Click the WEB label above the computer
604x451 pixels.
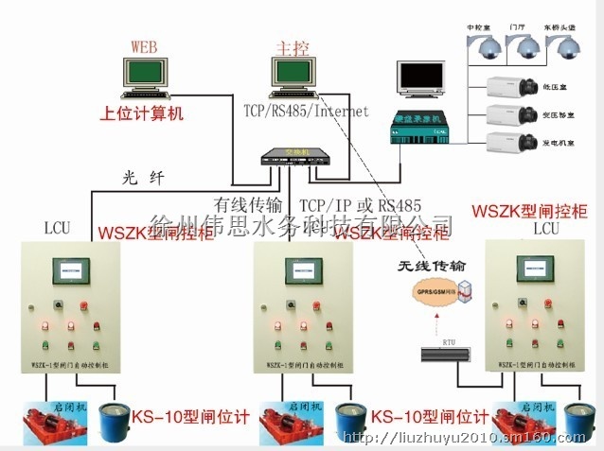(x=145, y=44)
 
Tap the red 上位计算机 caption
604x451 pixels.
(x=143, y=114)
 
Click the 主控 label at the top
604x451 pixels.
(x=286, y=44)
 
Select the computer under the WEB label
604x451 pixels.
(x=143, y=76)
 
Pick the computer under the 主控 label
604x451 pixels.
(x=285, y=76)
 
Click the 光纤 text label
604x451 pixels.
(x=143, y=176)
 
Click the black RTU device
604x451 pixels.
(x=445, y=354)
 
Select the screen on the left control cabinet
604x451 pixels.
(x=73, y=269)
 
